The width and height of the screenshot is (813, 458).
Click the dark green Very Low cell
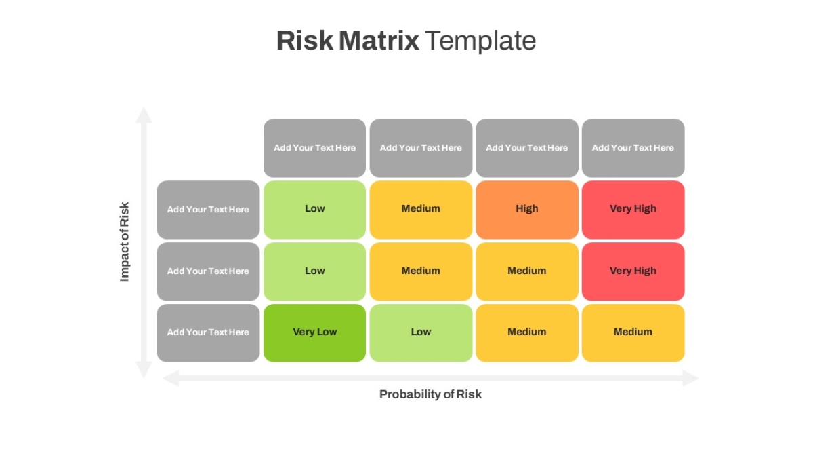coord(314,333)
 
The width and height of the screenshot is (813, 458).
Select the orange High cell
coord(527,210)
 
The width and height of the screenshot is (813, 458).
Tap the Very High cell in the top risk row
coord(633,210)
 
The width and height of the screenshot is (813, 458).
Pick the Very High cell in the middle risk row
coord(633,271)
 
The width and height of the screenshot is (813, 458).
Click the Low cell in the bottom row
coord(421,333)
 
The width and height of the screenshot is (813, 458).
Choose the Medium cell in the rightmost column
coord(633,333)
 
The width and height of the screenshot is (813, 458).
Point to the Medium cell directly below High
coord(527,271)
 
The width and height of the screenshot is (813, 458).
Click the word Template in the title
coord(480,41)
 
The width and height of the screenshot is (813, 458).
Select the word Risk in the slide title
coord(305,40)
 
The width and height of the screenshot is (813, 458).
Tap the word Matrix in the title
coord(379,40)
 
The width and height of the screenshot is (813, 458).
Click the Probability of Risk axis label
coord(430,394)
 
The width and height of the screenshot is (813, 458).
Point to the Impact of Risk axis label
coord(124,242)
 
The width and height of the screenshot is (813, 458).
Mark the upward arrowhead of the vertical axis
coord(144,115)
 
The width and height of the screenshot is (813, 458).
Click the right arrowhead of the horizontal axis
coord(690,379)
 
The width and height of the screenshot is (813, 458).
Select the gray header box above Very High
coord(633,148)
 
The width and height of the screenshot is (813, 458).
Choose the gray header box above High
coord(527,148)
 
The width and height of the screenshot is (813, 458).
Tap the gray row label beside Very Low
coord(209,333)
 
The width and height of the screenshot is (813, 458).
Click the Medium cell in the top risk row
coord(421,210)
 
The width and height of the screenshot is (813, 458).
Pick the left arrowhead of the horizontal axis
coord(171,379)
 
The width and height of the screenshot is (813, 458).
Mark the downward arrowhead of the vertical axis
coord(144,370)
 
